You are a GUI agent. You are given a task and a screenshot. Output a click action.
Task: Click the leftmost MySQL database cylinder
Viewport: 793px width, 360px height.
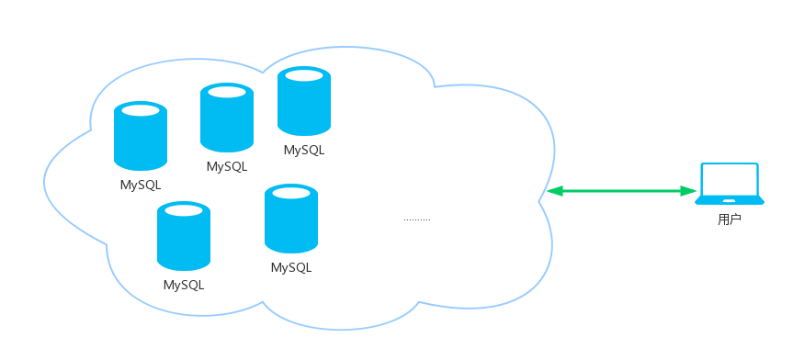[141, 136]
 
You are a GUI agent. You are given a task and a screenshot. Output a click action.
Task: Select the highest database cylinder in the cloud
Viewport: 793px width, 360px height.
[304, 101]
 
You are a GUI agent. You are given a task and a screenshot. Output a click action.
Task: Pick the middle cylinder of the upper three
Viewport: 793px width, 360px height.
[227, 118]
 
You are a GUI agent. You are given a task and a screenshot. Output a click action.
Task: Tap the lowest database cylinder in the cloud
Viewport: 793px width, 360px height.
[184, 236]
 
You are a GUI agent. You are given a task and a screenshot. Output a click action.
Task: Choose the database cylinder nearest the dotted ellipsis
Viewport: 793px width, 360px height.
[291, 219]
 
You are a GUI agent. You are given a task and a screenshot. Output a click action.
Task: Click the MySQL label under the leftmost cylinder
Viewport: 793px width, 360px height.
[141, 186]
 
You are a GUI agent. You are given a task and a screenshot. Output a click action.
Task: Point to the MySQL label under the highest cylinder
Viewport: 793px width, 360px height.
[304, 151]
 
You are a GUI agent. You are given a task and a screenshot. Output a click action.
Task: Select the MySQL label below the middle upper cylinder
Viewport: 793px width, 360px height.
[227, 166]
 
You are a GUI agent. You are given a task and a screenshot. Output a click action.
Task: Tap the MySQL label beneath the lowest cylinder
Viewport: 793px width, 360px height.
[184, 286]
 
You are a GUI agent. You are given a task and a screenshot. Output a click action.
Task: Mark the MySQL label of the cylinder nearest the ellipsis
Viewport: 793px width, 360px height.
[291, 267]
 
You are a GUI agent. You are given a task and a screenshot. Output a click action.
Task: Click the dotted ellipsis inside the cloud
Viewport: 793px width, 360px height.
[417, 219]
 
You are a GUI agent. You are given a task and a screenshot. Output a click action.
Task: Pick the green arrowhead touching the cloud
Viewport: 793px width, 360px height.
[555, 191]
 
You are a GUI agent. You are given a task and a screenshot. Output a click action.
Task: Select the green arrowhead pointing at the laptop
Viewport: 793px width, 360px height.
[688, 191]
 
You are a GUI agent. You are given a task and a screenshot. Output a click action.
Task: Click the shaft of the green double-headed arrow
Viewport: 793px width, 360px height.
[621, 191]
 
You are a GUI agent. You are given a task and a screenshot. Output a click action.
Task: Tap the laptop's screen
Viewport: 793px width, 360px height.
[730, 179]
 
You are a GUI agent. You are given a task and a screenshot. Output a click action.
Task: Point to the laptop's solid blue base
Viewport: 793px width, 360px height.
[730, 201]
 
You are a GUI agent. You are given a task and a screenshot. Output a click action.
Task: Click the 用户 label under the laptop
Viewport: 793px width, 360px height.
[730, 219]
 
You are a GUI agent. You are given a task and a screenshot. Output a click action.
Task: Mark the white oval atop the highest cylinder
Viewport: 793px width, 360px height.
[304, 75]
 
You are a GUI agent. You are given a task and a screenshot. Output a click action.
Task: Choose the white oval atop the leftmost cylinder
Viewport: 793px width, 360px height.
[141, 110]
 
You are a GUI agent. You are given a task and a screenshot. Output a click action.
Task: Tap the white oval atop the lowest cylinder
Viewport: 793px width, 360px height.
[184, 210]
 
